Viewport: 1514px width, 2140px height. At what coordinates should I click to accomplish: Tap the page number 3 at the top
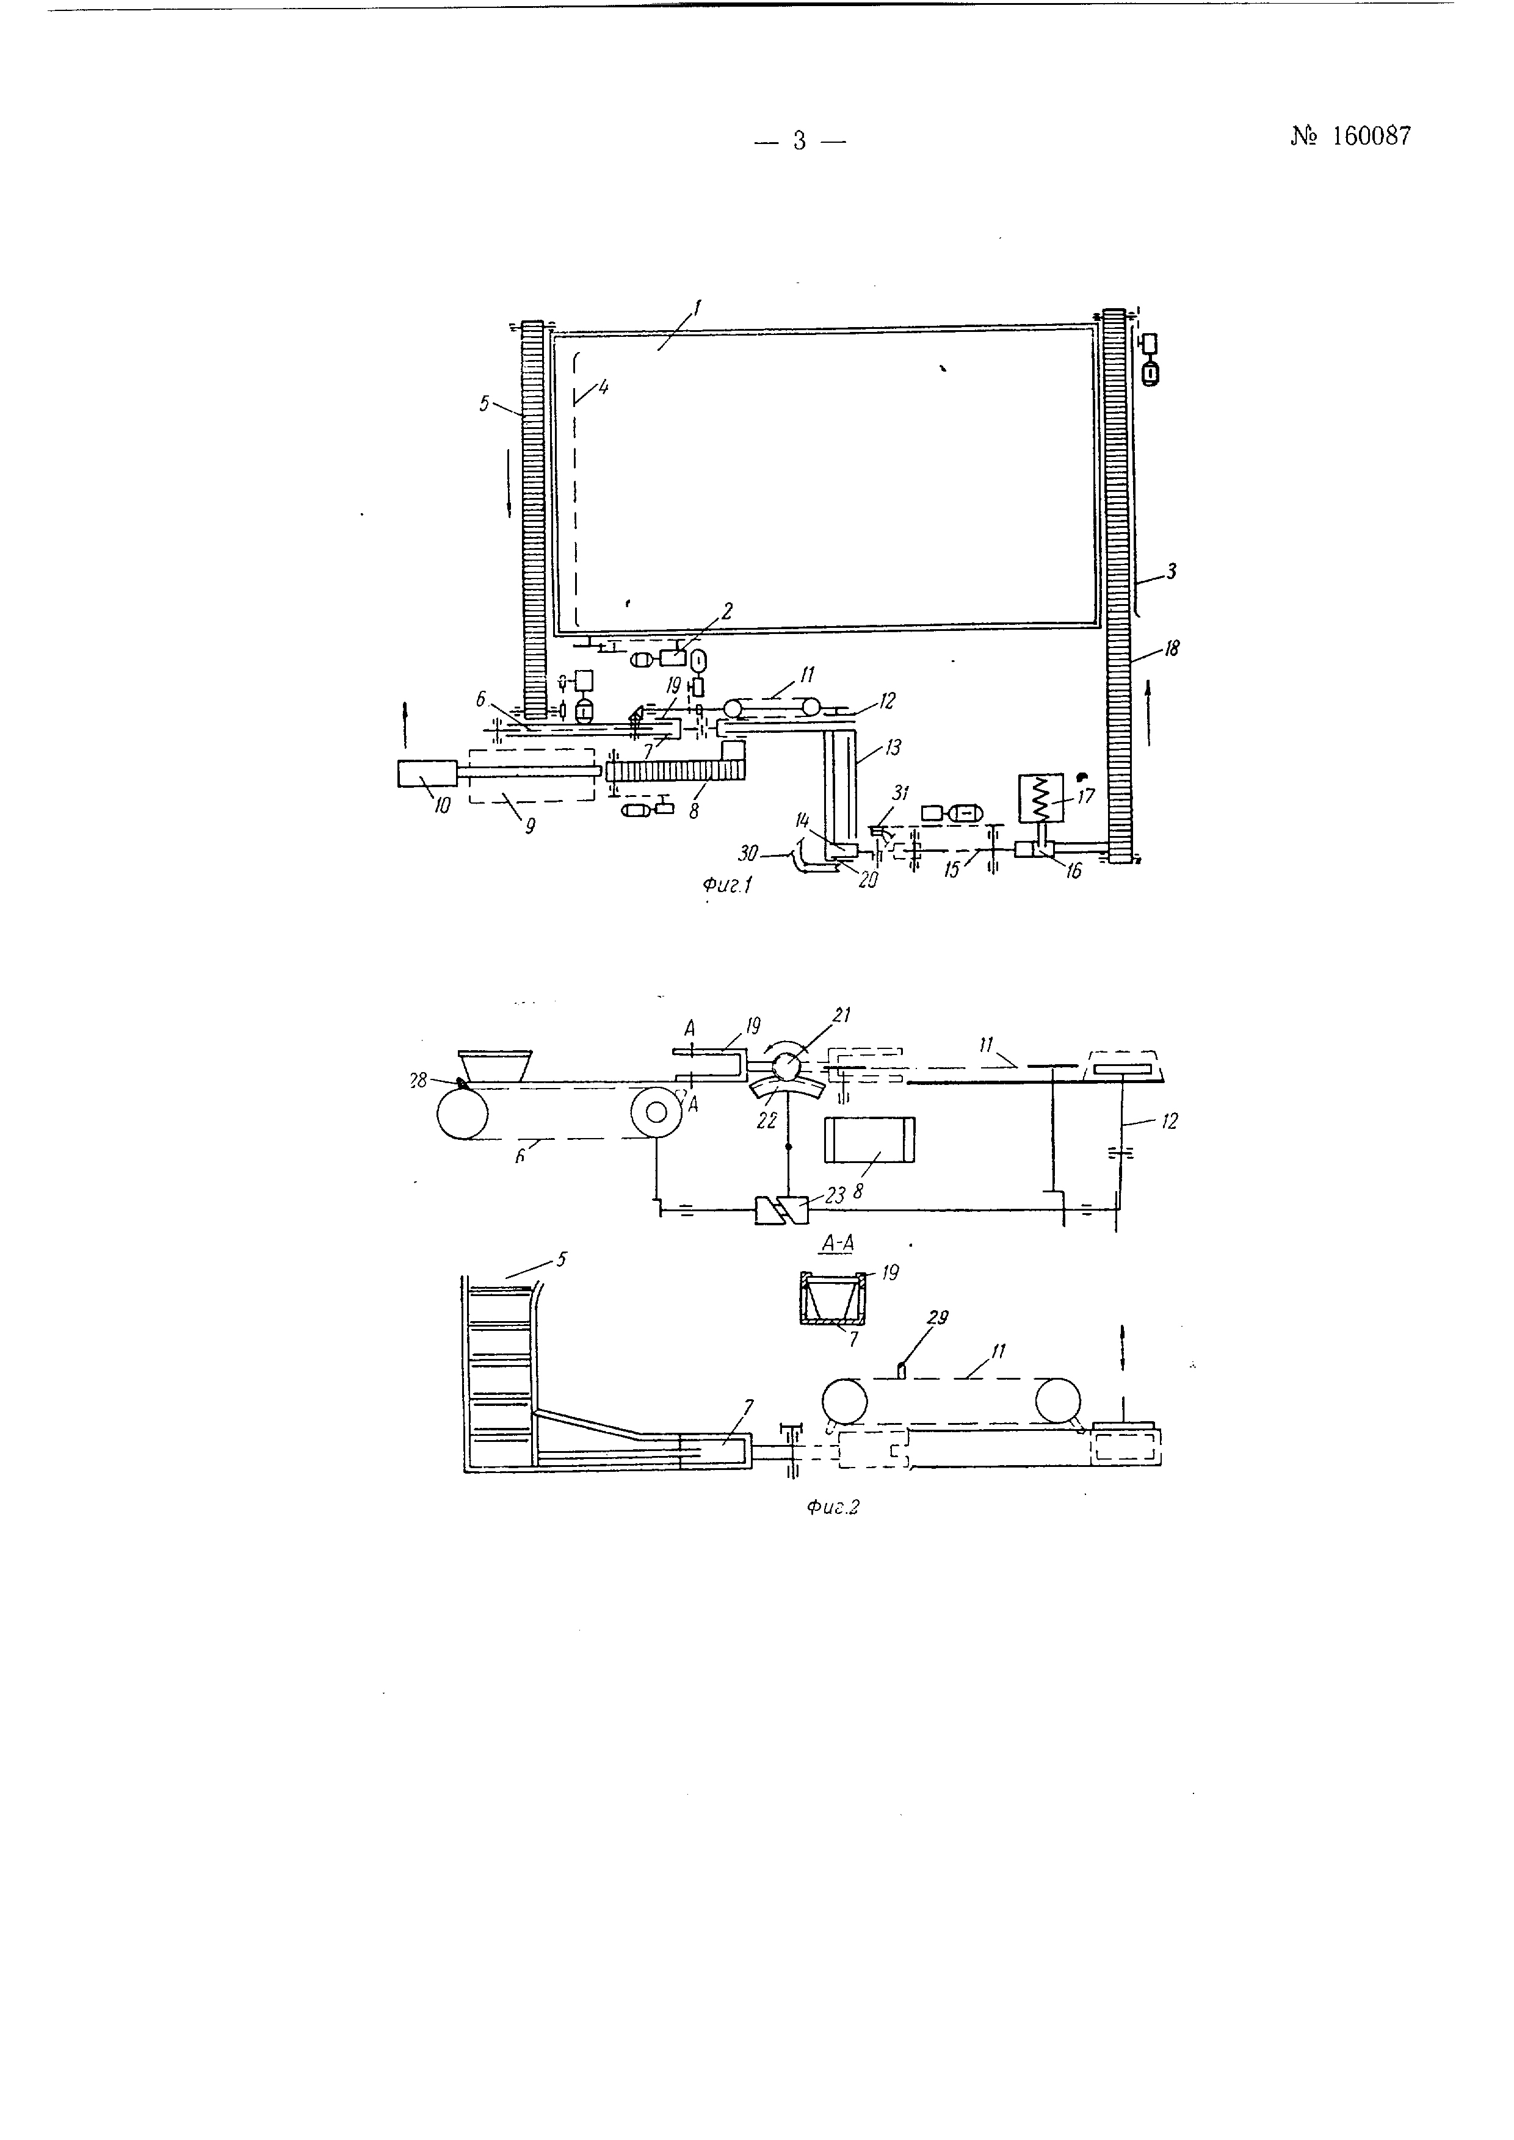[x=799, y=141]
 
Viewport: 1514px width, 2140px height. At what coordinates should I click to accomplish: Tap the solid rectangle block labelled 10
[x=426, y=774]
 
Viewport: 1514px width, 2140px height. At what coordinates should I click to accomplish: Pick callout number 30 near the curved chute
[x=748, y=852]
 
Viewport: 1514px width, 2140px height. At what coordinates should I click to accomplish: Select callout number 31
[x=900, y=793]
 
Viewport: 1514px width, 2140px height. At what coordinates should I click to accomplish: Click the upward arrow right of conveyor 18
[x=1148, y=713]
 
